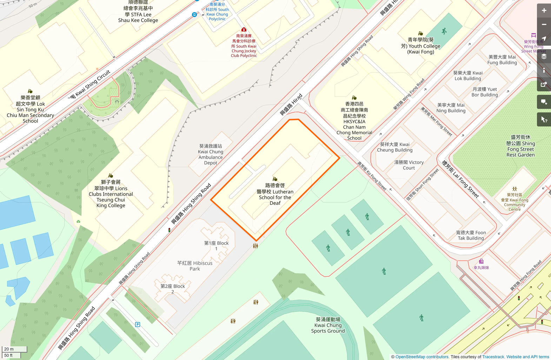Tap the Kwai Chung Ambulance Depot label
pos(211,154)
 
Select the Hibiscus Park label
pos(195,266)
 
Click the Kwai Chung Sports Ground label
pos(328,325)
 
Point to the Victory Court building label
pos(409,165)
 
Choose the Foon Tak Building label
pos(471,235)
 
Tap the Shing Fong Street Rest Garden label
pos(520,146)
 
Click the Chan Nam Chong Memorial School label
pos(354,121)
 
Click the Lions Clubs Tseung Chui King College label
pos(111,194)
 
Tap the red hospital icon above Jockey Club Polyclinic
pos(244,30)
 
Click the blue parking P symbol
pos(138,325)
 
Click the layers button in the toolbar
pos(544,56)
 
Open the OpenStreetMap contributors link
pos(422,357)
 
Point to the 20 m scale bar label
pos(9,349)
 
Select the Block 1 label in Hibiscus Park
pos(216,246)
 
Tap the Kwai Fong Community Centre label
pos(515,202)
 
